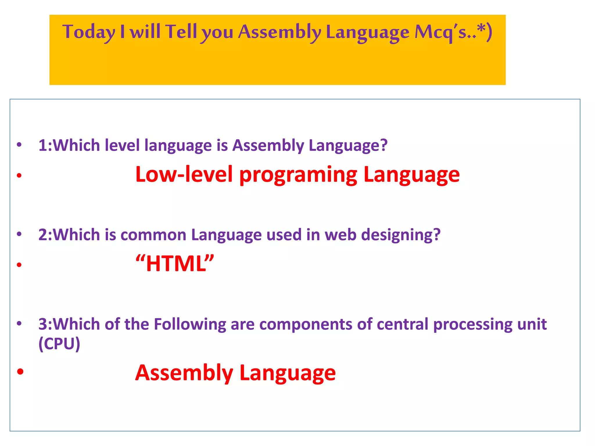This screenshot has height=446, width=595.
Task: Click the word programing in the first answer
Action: [298, 175]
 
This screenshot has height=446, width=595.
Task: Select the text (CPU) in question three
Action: [59, 344]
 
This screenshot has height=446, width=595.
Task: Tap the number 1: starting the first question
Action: [45, 145]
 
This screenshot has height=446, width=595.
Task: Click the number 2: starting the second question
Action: [45, 235]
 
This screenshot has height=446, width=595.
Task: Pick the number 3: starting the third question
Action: [45, 324]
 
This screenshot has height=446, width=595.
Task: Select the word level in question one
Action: [122, 145]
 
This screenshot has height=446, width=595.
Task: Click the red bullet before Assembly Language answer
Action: [20, 371]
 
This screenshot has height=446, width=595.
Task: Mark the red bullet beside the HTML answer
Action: [19, 265]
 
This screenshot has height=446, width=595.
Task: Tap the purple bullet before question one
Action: [19, 144]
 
